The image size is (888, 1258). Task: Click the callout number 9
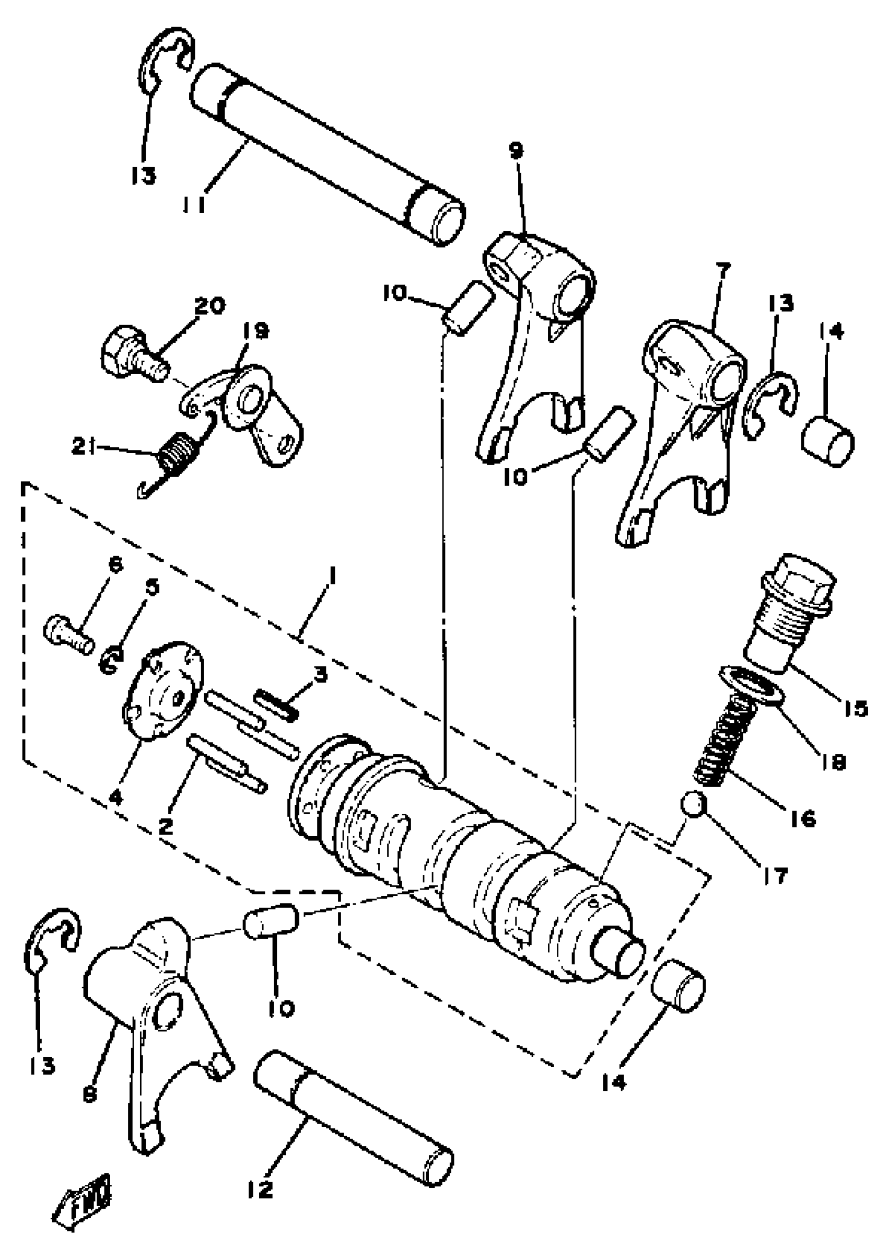tap(516, 149)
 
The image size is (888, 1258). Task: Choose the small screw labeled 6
tap(68, 636)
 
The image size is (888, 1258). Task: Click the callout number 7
tap(722, 271)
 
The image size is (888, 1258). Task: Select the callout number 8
tap(90, 1094)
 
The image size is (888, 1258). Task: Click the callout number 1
tap(331, 578)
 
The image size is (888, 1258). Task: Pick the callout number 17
tap(776, 875)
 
